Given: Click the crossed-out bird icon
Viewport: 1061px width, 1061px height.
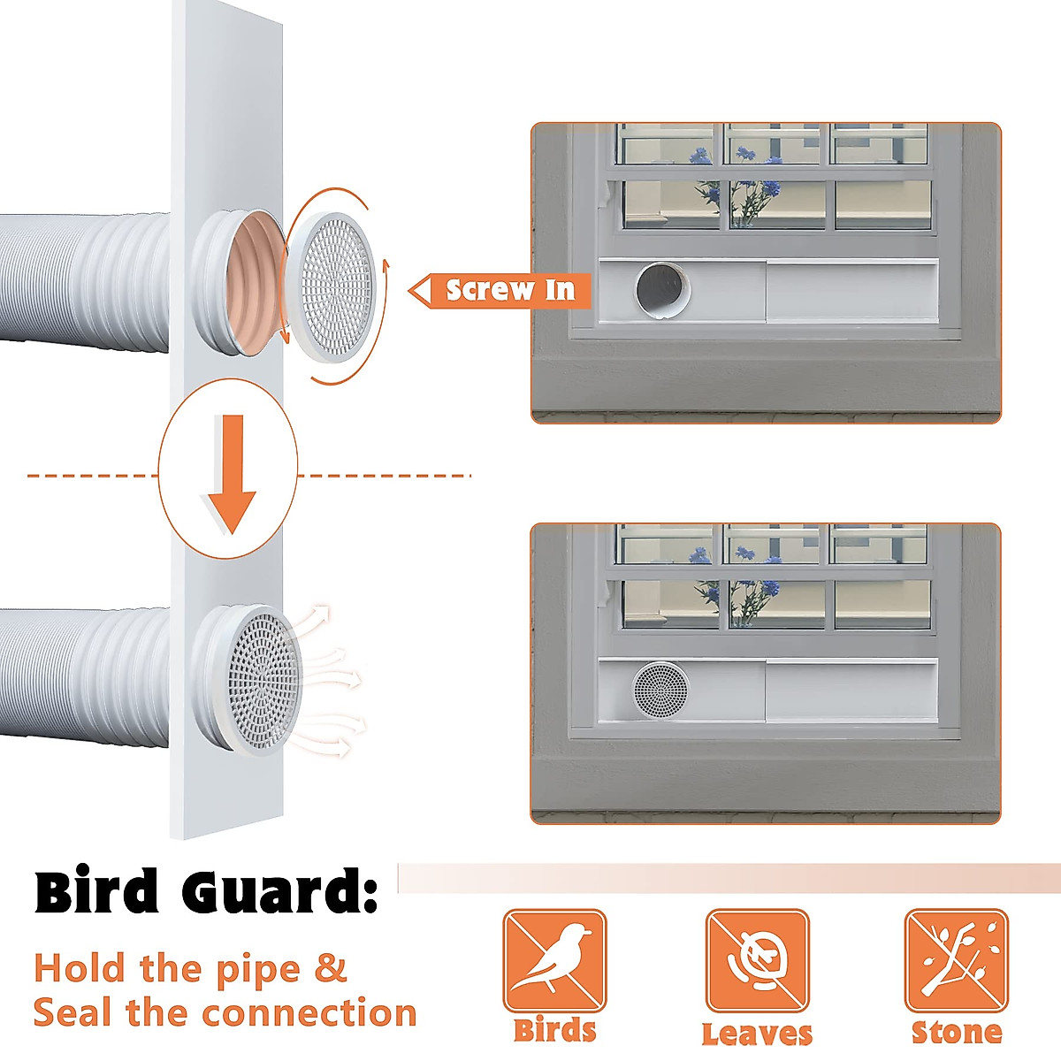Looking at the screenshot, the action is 555,961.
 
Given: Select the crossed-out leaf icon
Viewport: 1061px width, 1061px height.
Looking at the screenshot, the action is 757,961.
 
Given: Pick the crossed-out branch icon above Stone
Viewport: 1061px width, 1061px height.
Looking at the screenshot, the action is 956,961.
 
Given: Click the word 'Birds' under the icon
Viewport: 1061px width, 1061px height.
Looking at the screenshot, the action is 555,1031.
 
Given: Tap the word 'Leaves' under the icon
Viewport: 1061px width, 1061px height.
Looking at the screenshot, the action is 757,1033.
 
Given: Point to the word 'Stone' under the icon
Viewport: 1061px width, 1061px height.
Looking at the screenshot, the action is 957,1032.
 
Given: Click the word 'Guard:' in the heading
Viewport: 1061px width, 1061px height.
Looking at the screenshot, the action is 280,892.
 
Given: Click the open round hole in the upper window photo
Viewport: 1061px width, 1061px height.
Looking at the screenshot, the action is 661,290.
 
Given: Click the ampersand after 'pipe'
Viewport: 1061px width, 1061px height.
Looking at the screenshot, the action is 331,968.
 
